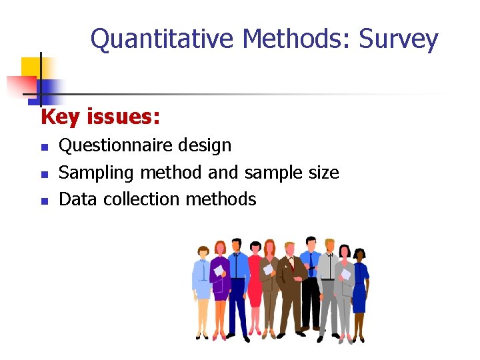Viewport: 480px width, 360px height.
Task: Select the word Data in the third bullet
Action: [77, 199]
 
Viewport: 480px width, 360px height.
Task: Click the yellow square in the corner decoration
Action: [31, 68]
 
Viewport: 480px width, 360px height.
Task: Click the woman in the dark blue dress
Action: [359, 283]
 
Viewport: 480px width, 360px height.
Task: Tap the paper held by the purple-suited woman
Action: [217, 271]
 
